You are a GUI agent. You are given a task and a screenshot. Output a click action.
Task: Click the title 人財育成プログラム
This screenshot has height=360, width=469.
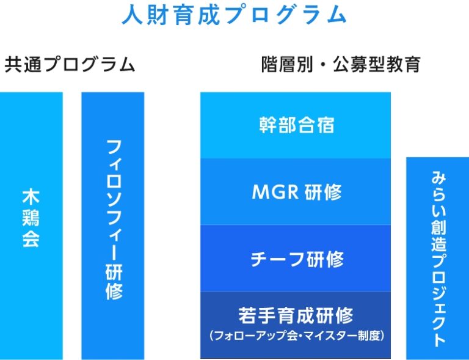coord(234,15)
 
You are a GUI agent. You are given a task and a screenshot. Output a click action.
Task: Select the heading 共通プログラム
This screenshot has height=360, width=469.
coord(70,64)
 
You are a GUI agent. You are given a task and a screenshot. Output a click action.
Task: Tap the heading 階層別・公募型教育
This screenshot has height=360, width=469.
coord(341,64)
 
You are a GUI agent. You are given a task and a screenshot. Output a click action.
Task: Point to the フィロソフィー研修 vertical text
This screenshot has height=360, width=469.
coord(114,220)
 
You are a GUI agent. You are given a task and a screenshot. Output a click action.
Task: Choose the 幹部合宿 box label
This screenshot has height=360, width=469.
coord(296,125)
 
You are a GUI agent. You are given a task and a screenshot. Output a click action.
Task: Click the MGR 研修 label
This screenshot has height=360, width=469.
coord(297,191)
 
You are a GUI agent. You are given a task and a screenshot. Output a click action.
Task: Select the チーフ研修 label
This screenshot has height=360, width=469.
coord(297,259)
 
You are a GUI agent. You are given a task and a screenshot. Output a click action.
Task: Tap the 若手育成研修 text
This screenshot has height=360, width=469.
coord(296,315)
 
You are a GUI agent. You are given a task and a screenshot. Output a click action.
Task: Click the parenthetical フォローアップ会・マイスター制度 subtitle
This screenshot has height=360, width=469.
coord(297,336)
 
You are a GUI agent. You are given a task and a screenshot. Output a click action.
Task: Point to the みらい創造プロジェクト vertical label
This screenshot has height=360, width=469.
coord(438,259)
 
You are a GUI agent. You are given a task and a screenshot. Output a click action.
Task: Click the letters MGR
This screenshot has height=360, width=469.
coord(275,192)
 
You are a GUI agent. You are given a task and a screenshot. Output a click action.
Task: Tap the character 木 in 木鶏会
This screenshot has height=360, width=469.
coord(31,196)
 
